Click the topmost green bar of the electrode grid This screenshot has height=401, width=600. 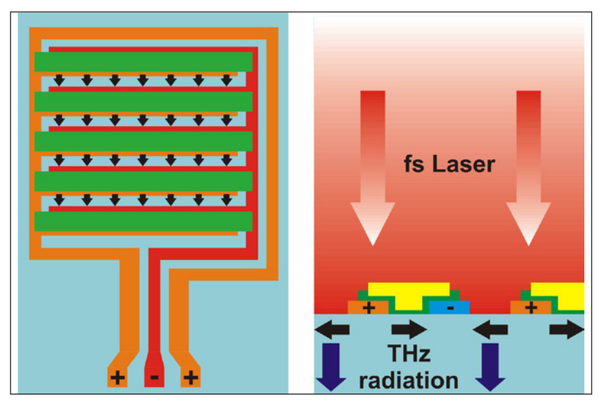pos(143,62)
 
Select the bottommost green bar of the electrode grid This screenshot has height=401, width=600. pos(143,222)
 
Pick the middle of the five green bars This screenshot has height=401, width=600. pos(143,142)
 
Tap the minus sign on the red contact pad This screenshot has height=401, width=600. pos(154,377)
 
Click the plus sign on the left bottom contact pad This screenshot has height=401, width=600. pos(117,377)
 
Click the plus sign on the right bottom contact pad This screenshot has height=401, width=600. pos(190,377)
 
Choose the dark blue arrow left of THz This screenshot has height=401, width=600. pos(329,364)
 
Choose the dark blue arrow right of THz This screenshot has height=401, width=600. pos(489,364)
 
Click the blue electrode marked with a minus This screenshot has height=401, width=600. pos(450,307)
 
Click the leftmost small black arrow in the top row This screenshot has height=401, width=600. pos(59,80)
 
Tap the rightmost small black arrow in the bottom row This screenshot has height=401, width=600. pos(226,199)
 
